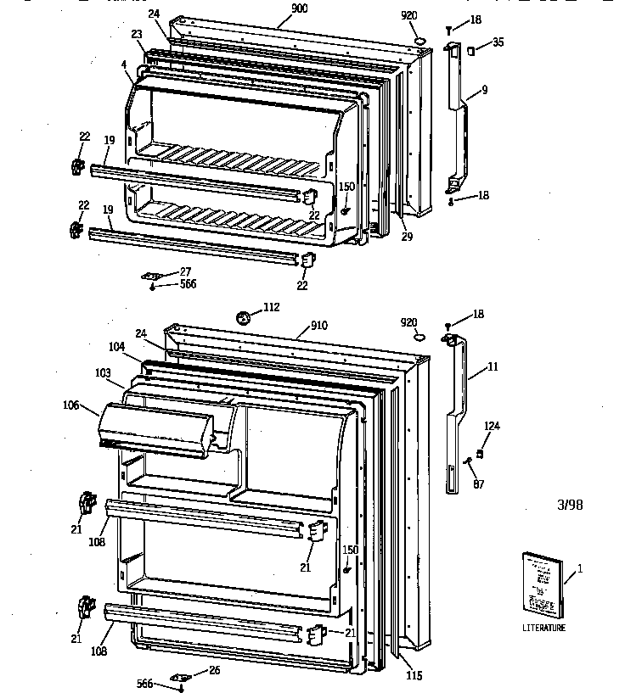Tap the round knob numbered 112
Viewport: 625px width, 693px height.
click(245, 318)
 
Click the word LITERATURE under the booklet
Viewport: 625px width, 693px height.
click(543, 628)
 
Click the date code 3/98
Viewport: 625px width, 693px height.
click(570, 506)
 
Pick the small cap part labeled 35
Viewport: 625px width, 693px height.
click(470, 52)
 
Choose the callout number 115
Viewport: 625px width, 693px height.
click(413, 676)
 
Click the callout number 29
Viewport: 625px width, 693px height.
click(407, 237)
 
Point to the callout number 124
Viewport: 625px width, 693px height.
click(492, 426)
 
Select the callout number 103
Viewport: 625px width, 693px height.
click(103, 373)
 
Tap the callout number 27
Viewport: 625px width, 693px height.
click(186, 271)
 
